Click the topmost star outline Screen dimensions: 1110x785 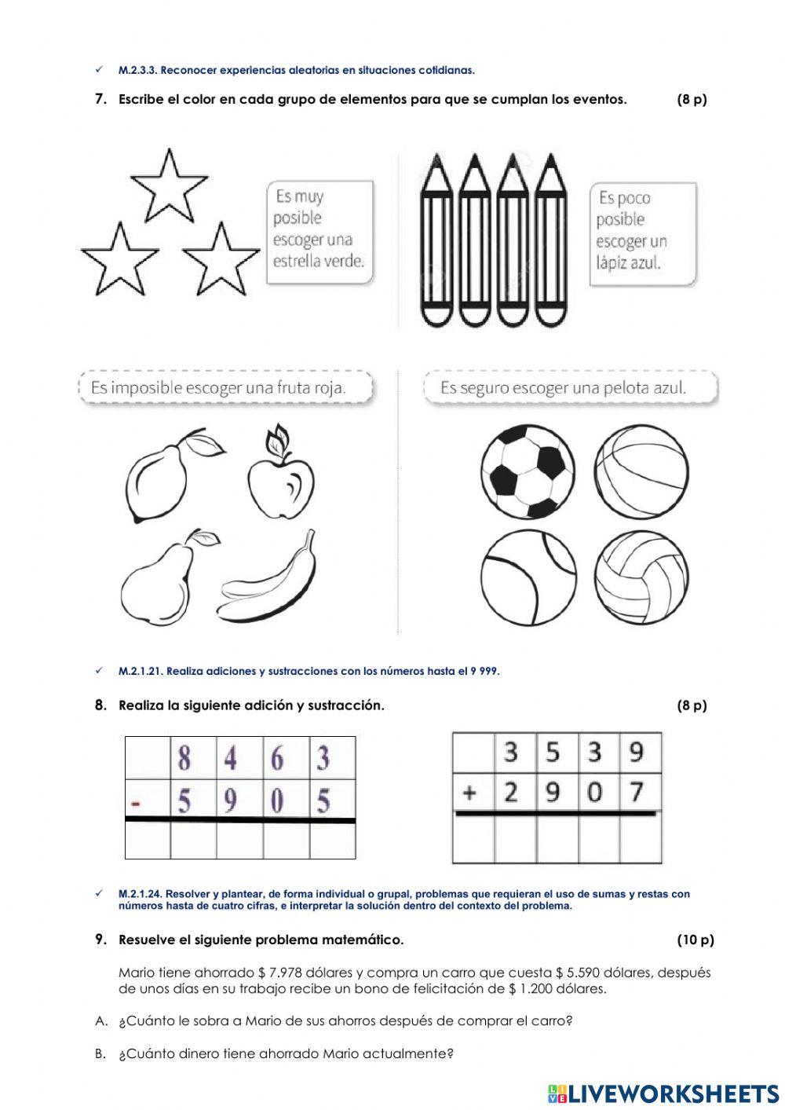coord(168,187)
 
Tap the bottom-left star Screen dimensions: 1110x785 coord(120,259)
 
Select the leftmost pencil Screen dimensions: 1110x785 coord(436,240)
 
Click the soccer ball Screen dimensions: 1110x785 coord(528,472)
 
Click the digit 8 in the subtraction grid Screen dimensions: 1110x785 coord(184,759)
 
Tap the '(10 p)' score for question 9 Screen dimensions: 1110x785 coord(695,940)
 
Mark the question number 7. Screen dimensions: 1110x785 coord(100,99)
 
